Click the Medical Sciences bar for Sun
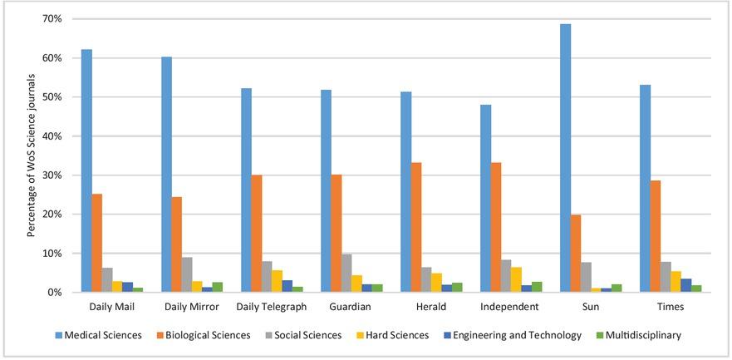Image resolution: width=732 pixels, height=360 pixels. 566,158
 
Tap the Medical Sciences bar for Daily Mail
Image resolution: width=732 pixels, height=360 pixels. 86,170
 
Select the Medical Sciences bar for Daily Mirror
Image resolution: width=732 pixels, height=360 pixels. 166,175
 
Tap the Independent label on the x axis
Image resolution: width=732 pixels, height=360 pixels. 507,307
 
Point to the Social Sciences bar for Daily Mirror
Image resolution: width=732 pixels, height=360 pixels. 187,275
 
